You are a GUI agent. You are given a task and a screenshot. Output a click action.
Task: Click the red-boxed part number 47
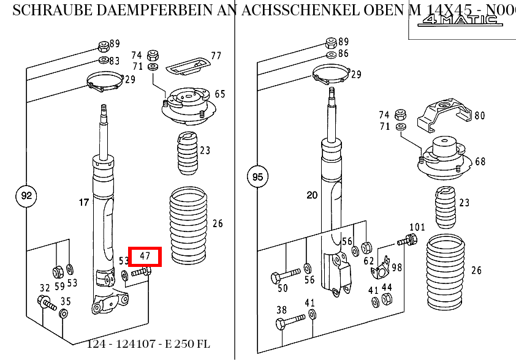pos(145,257)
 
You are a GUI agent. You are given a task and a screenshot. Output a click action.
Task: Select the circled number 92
pos(26,197)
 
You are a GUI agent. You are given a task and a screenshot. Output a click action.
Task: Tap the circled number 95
pos(257,178)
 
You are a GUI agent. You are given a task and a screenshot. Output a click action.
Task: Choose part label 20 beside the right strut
pos(312,195)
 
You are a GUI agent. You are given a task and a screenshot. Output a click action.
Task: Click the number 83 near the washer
pos(115,61)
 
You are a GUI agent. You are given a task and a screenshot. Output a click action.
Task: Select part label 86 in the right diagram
pos(343,54)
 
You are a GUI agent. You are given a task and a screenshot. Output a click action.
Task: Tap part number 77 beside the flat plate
pos(216,56)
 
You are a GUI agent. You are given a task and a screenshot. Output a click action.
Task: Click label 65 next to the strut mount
pos(219,94)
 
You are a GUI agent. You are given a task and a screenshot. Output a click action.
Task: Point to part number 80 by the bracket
pos(479,115)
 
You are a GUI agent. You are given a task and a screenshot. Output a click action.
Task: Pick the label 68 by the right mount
pos(480,162)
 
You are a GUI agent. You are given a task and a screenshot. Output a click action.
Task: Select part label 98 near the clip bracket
pos(397,267)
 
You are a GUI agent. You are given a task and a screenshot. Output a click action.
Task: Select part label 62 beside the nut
pos(368,260)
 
